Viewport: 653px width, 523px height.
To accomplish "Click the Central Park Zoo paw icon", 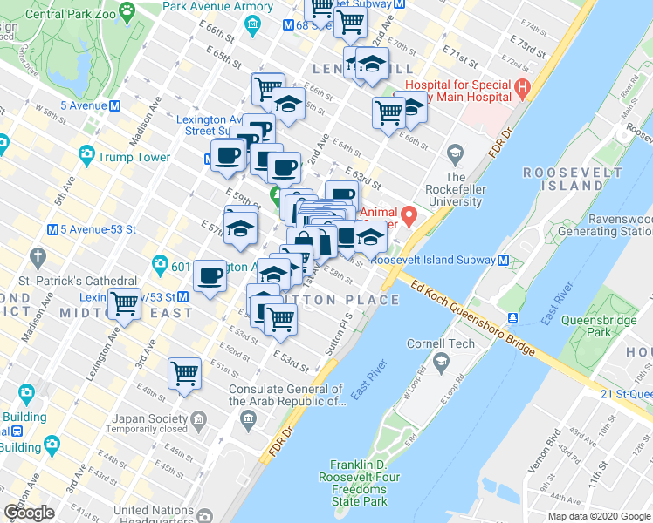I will click(x=127, y=12).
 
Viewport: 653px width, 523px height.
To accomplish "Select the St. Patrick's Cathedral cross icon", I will click(x=37, y=257).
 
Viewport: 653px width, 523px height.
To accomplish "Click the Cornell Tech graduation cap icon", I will click(x=441, y=361).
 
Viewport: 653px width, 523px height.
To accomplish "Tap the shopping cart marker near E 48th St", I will click(x=185, y=372).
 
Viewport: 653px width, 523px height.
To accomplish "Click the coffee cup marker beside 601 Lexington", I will click(x=210, y=275).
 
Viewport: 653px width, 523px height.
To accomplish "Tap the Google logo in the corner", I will click(x=29, y=512).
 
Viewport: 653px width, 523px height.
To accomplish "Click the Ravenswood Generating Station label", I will click(x=615, y=226).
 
